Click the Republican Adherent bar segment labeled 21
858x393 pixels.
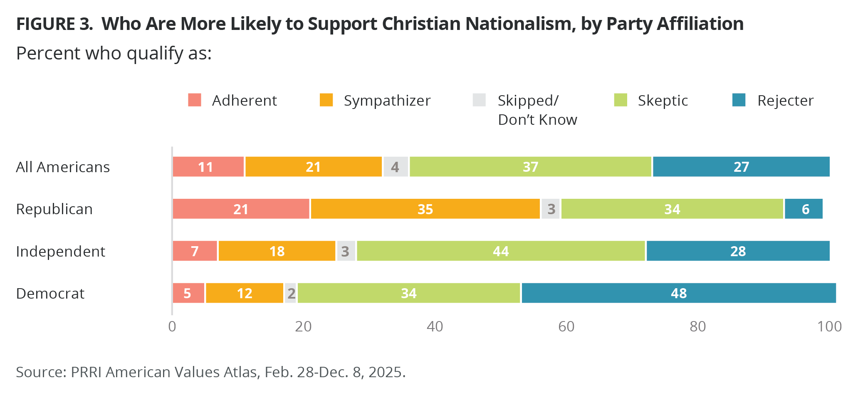241,209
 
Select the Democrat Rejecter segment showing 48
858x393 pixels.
679,293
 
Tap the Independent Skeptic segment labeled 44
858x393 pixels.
501,251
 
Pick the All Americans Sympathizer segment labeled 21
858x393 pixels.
313,167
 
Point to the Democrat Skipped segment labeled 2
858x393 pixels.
291,293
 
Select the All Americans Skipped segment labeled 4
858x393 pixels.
396,167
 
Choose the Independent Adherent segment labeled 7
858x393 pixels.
195,251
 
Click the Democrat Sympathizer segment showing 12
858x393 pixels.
245,293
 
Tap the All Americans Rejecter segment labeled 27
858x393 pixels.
741,167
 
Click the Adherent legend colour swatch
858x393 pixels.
195,100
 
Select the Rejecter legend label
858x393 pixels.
785,101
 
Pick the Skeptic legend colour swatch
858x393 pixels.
621,100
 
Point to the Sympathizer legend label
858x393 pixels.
387,101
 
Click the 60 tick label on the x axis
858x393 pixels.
566,327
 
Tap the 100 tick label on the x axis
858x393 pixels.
829,327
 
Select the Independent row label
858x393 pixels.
61,251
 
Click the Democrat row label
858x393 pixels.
50,294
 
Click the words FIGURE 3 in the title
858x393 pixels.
54,24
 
